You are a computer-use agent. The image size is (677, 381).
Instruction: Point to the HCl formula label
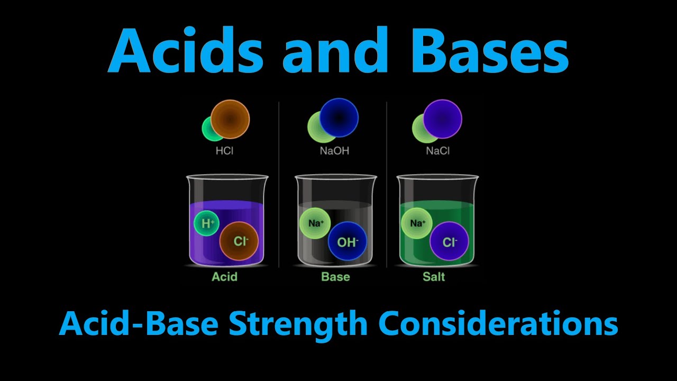pyautogui.click(x=225, y=151)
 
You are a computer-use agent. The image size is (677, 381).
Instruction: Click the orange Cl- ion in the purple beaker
pyautogui.click(x=239, y=241)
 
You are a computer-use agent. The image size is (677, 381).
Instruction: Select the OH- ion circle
pyautogui.click(x=347, y=242)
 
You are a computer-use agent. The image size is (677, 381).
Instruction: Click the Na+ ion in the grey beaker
pyautogui.click(x=315, y=223)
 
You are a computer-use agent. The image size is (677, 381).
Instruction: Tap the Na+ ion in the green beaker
pyautogui.click(x=417, y=223)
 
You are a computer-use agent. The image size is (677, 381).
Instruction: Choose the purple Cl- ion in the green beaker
pyautogui.click(x=449, y=242)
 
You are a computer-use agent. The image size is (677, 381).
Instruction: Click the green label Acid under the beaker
pyautogui.click(x=225, y=276)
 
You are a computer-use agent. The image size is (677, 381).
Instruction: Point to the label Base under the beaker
pyautogui.click(x=335, y=276)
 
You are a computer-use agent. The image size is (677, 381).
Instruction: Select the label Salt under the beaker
pyautogui.click(x=434, y=276)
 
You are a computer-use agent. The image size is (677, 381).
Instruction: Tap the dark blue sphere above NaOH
pyautogui.click(x=339, y=117)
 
